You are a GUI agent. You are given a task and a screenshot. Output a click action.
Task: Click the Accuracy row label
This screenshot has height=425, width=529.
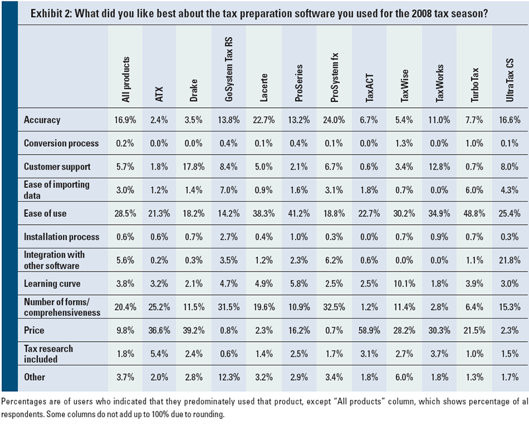pyautogui.click(x=42, y=120)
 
